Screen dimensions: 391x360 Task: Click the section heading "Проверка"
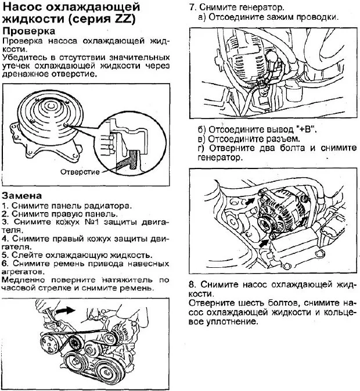(x=29, y=30)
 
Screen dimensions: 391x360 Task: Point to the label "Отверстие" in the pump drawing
(x=80, y=172)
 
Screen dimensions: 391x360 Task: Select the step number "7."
(x=194, y=8)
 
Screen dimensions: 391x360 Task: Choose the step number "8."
(x=193, y=285)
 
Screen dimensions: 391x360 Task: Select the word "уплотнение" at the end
(x=231, y=322)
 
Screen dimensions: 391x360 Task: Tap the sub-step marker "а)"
(x=203, y=17)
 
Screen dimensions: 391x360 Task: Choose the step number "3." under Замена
(x=5, y=222)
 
